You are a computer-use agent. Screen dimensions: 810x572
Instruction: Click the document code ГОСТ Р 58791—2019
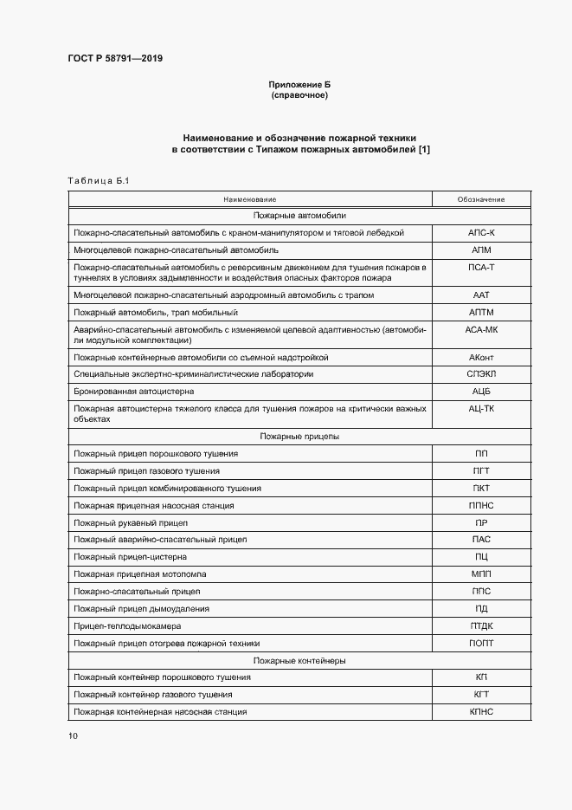[114, 59]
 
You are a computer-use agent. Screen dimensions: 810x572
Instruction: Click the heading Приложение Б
[299, 84]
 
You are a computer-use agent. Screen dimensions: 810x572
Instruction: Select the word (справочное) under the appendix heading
[299, 94]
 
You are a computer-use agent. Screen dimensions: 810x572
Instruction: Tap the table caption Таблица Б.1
[97, 180]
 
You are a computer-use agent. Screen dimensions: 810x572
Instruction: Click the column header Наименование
[249, 199]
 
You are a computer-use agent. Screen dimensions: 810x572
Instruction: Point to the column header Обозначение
[480, 199]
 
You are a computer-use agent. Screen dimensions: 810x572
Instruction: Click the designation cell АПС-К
[480, 233]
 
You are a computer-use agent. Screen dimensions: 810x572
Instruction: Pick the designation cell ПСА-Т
[480, 268]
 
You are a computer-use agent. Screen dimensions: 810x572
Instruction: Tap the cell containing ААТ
[480, 295]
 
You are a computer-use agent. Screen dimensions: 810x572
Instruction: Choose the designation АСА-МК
[480, 330]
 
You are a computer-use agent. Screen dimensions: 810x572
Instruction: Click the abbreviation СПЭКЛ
[480, 374]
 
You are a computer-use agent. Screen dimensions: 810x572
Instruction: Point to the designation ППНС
[480, 505]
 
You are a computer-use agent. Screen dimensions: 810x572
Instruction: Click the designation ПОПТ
[480, 643]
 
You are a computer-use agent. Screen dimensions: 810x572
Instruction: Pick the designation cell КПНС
[480, 711]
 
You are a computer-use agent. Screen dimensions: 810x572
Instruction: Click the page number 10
[73, 736]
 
